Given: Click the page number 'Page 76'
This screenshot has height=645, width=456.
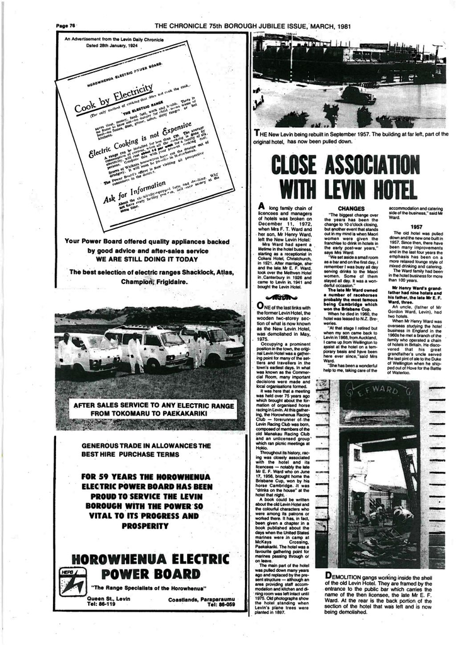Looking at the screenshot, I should tap(66, 26).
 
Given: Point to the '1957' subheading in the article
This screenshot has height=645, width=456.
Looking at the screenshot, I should tap(416, 226).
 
